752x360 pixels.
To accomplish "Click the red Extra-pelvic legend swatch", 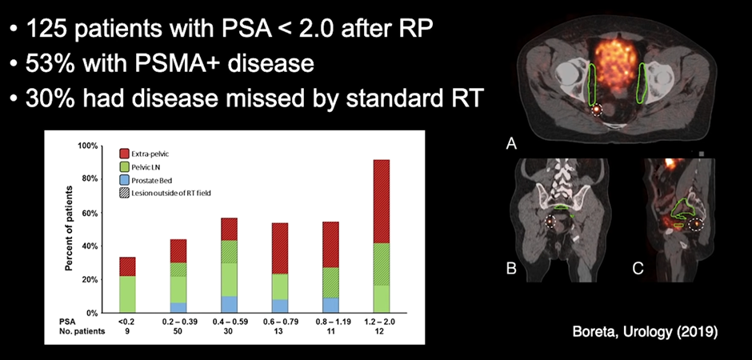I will click(x=125, y=152).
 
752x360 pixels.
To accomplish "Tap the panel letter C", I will click(x=638, y=269).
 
